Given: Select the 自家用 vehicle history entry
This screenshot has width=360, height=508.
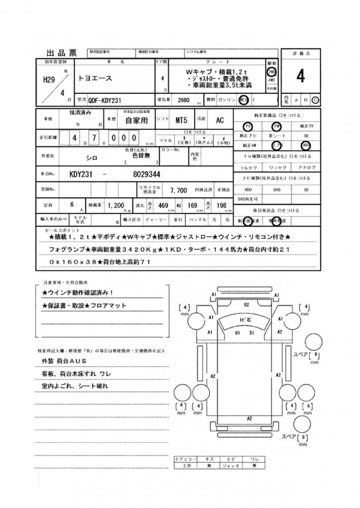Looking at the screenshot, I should click(137, 120).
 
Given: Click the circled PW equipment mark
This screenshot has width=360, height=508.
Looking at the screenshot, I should click(277, 126).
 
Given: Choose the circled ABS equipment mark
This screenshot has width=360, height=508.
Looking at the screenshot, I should click(305, 143).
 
